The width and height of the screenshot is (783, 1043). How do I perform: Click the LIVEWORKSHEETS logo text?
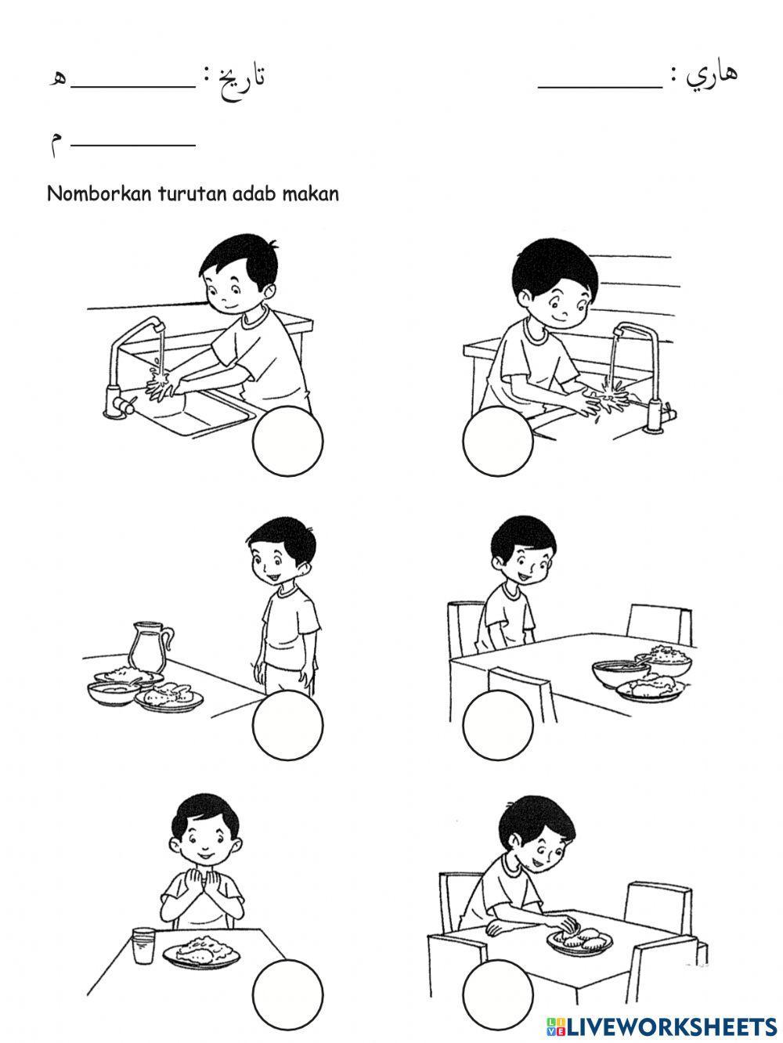(x=661, y=1027)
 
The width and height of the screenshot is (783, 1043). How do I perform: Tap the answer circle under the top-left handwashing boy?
(x=287, y=441)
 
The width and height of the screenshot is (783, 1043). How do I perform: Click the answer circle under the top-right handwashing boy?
(x=497, y=441)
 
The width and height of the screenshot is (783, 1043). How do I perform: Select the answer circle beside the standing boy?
(x=287, y=725)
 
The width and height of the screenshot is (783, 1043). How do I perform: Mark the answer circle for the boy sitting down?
(x=497, y=725)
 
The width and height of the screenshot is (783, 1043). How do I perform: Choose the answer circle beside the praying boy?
(x=287, y=994)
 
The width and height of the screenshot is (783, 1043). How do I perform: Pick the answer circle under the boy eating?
(x=497, y=994)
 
